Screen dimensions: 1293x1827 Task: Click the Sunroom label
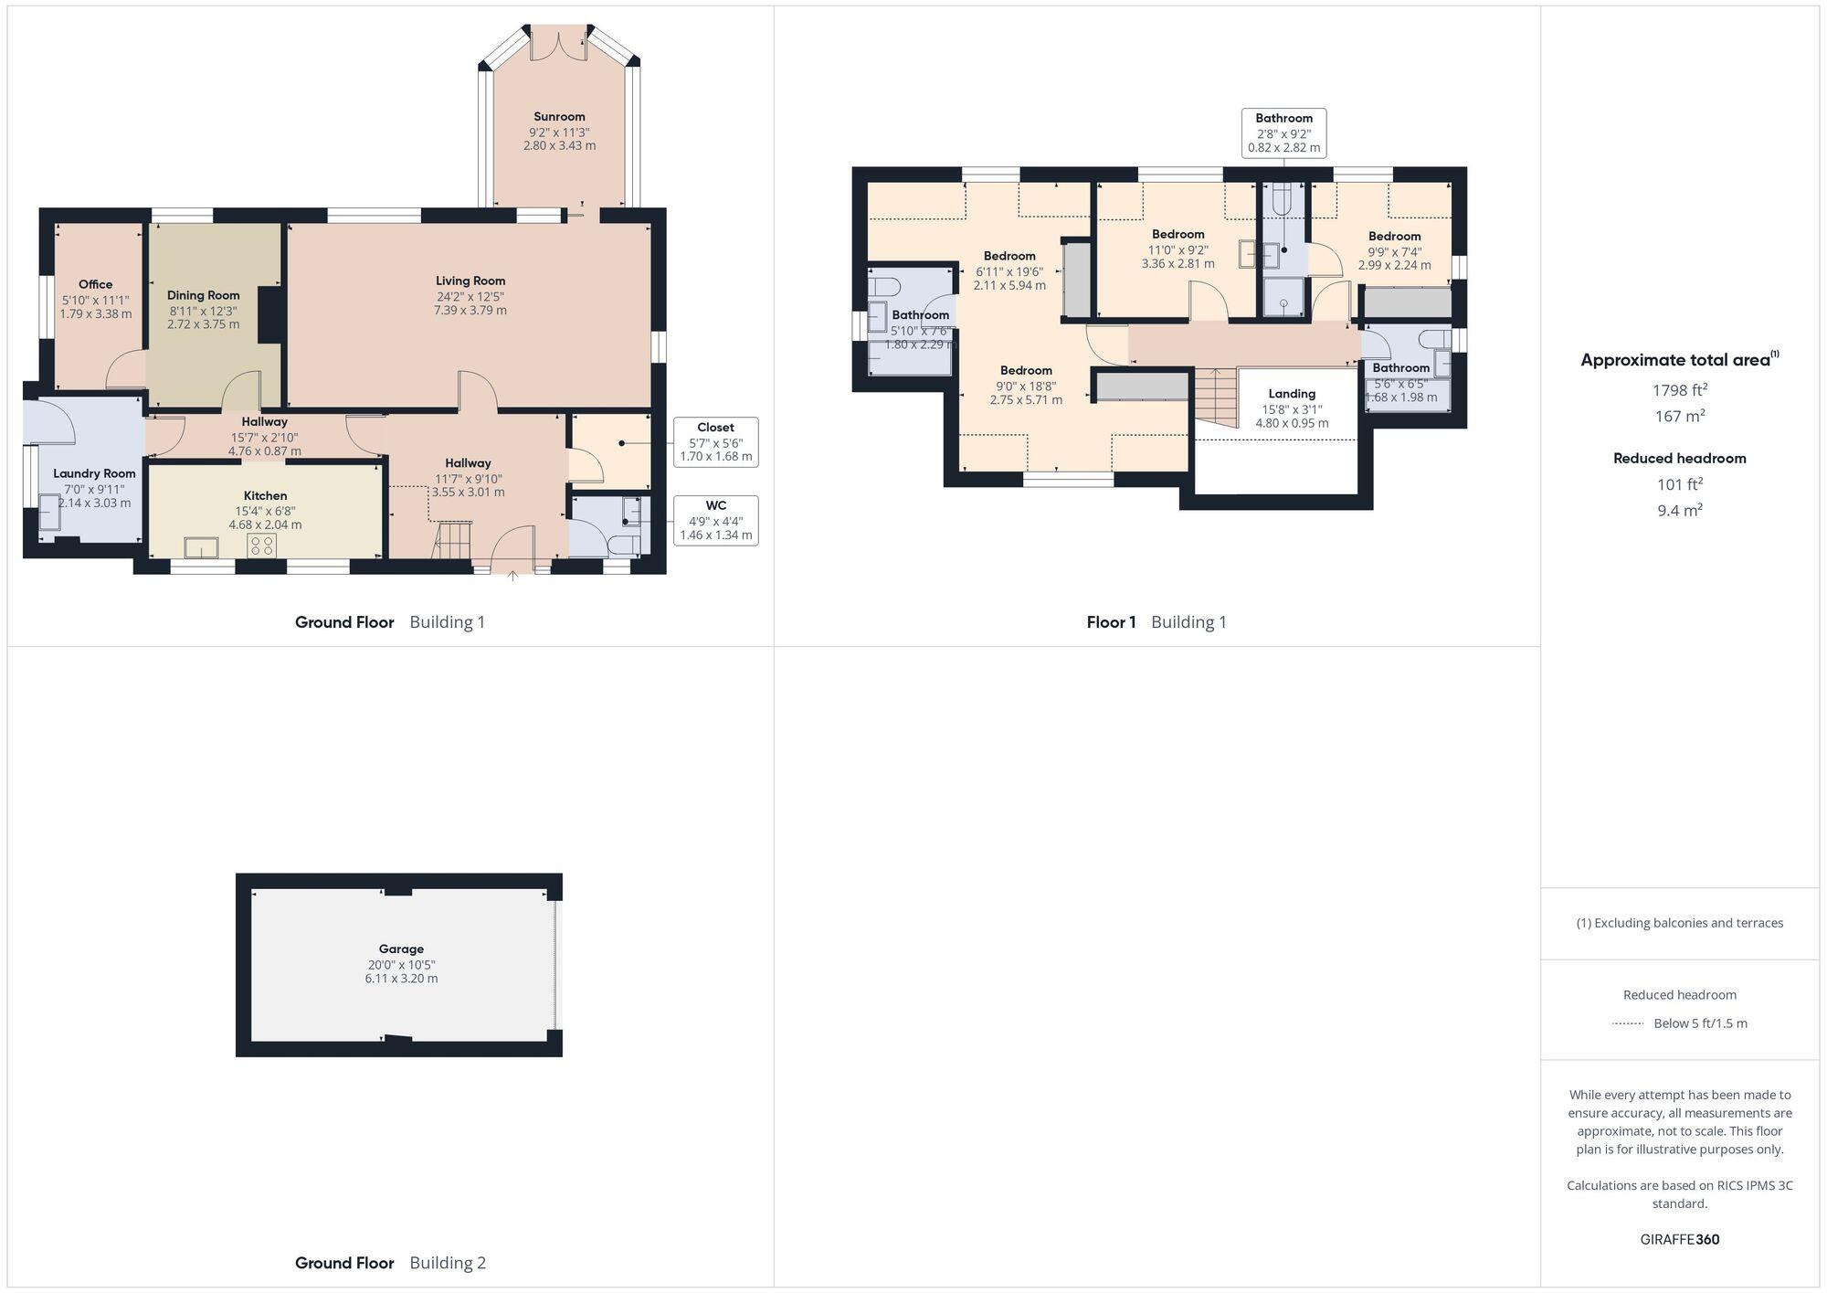(559, 117)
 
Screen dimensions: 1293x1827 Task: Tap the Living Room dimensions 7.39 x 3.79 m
(470, 311)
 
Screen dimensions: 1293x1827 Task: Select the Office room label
(95, 285)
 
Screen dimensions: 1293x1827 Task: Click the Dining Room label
(203, 296)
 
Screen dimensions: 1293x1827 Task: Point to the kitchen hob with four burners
(262, 546)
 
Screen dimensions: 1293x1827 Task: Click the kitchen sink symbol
(201, 547)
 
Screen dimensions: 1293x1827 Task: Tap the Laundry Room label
(94, 473)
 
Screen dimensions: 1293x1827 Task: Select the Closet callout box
(715, 441)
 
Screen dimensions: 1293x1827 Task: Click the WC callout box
(715, 520)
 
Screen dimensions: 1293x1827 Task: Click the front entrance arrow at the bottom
(512, 576)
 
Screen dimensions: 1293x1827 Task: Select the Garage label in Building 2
(401, 949)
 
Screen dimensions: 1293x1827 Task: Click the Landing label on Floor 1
(1291, 394)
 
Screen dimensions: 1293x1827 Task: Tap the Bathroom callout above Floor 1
(1283, 132)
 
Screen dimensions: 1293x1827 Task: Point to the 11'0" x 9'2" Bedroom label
(1178, 235)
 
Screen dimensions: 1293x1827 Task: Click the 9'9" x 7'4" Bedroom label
(1394, 237)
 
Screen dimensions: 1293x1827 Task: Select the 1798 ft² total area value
(1679, 390)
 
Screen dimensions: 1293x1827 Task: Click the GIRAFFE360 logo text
(1679, 1240)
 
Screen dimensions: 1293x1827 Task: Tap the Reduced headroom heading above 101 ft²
(1679, 459)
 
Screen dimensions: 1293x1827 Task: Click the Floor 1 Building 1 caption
(1156, 622)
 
